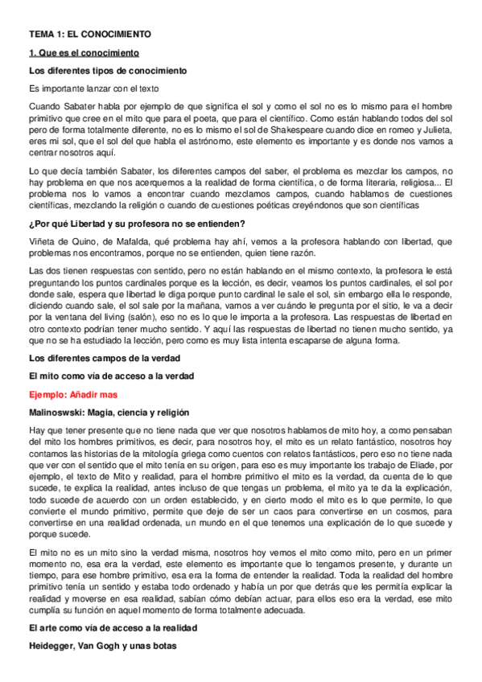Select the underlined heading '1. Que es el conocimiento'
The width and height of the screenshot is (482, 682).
pos(84,53)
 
